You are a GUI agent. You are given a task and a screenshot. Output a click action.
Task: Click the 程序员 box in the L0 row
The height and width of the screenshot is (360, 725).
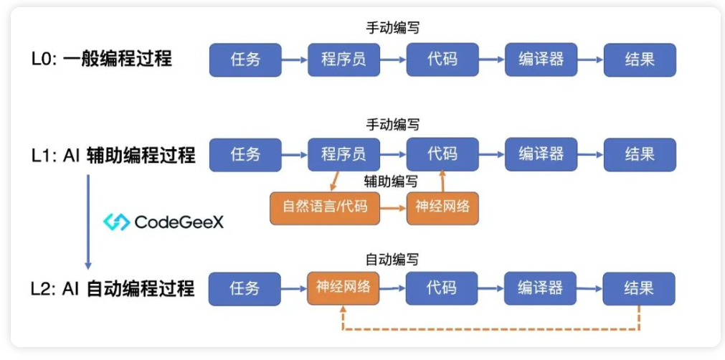[343, 60]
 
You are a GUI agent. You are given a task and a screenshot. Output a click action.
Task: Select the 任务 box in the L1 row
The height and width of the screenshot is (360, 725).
[245, 155]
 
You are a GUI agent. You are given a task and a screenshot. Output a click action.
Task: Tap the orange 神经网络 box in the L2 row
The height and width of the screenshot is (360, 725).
[343, 288]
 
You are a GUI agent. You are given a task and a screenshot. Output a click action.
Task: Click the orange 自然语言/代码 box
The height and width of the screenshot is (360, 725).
[325, 207]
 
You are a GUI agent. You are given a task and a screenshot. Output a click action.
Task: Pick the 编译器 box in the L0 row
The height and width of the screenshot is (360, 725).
[541, 60]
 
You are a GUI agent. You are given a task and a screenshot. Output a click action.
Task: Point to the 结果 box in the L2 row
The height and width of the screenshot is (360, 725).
[639, 288]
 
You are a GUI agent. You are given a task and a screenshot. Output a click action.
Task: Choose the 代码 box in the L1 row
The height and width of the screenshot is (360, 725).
[442, 155]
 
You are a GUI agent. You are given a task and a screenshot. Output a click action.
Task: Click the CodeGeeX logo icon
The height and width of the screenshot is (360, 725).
[116, 222]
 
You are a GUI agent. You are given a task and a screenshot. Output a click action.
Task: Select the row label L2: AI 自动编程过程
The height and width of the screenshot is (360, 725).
[113, 288]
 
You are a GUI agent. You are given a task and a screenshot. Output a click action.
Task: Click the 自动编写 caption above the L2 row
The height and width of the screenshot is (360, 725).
[392, 260]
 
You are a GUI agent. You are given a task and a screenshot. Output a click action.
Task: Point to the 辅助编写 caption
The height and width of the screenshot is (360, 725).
[391, 181]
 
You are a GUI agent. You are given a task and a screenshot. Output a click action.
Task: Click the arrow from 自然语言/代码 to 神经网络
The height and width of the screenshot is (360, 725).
[393, 208]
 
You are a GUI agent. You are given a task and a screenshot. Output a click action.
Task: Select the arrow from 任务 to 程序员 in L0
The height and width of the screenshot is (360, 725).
[295, 60]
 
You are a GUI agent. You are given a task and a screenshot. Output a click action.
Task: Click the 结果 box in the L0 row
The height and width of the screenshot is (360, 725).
[640, 60]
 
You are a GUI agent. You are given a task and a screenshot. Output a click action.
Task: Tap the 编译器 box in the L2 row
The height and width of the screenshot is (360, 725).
[541, 288]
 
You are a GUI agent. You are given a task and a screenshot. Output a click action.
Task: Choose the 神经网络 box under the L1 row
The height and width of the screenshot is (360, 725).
[442, 207]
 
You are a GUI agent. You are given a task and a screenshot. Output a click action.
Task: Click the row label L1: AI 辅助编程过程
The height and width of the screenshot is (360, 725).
[113, 155]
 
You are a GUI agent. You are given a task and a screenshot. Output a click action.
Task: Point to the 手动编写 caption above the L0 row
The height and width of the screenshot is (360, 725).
[392, 29]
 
